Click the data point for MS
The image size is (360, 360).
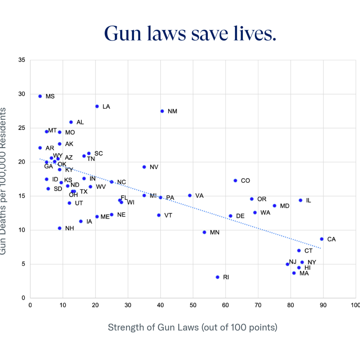(40, 96)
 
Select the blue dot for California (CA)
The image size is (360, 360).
(322, 239)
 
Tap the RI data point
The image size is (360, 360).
(217, 277)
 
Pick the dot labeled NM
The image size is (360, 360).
(162, 111)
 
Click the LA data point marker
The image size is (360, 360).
(97, 106)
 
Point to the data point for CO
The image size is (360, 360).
(235, 180)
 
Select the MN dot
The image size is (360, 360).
(204, 232)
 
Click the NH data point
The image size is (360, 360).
(59, 228)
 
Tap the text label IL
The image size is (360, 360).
(308, 200)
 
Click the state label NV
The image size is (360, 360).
(154, 167)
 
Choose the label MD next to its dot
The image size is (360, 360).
(284, 206)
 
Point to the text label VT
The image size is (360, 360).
(168, 215)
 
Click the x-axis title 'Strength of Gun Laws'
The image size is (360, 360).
(153, 328)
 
